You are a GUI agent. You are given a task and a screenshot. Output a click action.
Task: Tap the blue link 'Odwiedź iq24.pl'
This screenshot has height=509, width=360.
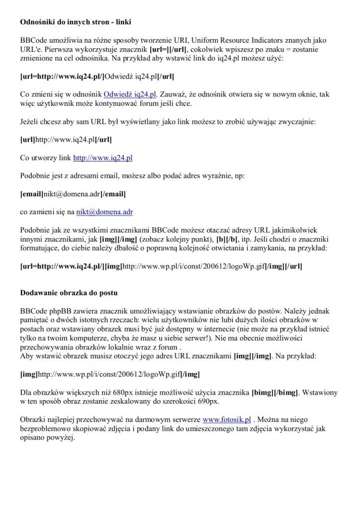click(x=130, y=94)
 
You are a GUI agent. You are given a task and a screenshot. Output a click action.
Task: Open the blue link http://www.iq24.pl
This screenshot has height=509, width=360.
click(x=103, y=158)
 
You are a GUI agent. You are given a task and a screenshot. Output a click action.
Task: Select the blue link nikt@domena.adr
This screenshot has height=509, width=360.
click(x=104, y=212)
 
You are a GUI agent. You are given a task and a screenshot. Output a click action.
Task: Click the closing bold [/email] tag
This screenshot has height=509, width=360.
click(x=113, y=193)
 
